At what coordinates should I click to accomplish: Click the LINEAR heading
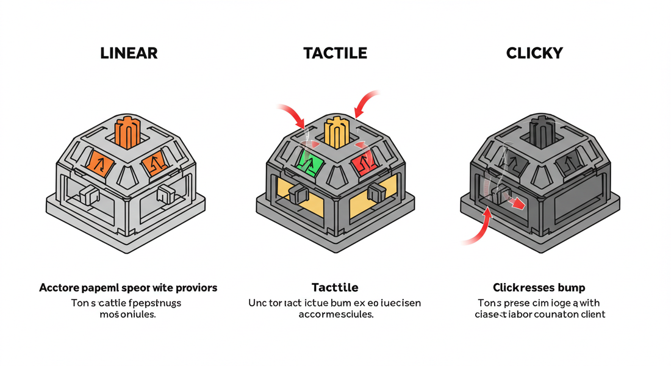click(x=128, y=53)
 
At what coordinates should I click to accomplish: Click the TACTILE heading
click(x=335, y=53)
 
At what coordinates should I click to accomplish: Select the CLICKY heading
click(x=534, y=53)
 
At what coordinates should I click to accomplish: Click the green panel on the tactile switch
click(x=310, y=163)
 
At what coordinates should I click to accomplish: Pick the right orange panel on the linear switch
click(x=155, y=162)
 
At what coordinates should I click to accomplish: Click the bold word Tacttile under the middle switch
click(x=334, y=287)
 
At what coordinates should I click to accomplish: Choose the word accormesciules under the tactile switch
click(x=335, y=315)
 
